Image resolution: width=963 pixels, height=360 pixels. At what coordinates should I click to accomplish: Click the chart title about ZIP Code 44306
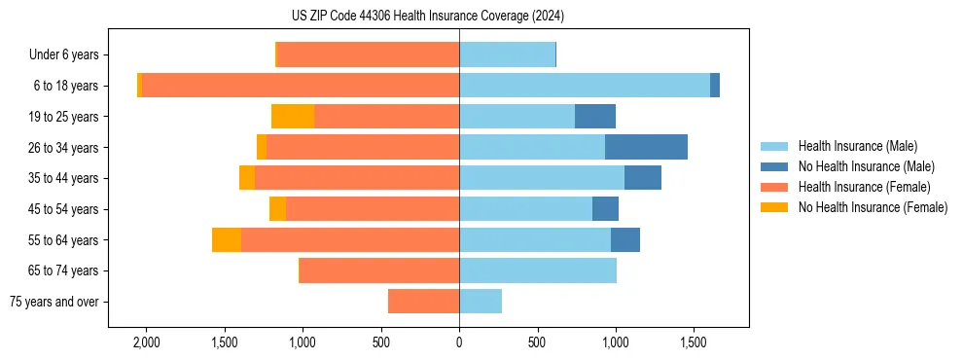(x=427, y=16)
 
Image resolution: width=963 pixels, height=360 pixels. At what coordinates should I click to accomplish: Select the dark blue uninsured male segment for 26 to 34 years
(x=646, y=147)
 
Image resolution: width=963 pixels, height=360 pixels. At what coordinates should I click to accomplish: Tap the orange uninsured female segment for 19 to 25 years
(x=293, y=117)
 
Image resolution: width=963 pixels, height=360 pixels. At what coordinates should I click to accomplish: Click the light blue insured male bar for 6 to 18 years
(x=585, y=86)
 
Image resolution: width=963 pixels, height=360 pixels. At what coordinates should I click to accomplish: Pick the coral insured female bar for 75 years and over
(x=423, y=302)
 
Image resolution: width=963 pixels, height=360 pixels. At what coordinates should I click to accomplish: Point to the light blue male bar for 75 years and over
(x=481, y=302)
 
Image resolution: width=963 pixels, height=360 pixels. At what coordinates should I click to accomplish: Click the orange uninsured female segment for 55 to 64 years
(x=227, y=240)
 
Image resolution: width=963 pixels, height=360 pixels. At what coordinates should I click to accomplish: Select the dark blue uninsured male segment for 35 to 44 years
(x=643, y=178)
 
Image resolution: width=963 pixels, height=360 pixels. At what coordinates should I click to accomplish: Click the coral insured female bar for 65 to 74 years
(x=379, y=270)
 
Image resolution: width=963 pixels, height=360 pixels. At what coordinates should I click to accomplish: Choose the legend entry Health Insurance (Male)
(x=857, y=146)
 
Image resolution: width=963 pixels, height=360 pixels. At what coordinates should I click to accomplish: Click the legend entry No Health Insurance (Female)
(x=873, y=207)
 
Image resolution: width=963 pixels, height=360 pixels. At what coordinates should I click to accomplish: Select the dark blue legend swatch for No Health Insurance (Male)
(x=774, y=166)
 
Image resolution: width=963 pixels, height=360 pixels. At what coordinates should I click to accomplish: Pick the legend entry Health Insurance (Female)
(x=864, y=187)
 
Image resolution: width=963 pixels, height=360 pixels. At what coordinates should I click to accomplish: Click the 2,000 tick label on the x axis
(x=146, y=342)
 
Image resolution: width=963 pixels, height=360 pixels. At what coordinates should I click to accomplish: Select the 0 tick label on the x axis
(x=459, y=342)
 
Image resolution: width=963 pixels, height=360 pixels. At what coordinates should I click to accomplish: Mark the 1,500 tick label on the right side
(x=694, y=342)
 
